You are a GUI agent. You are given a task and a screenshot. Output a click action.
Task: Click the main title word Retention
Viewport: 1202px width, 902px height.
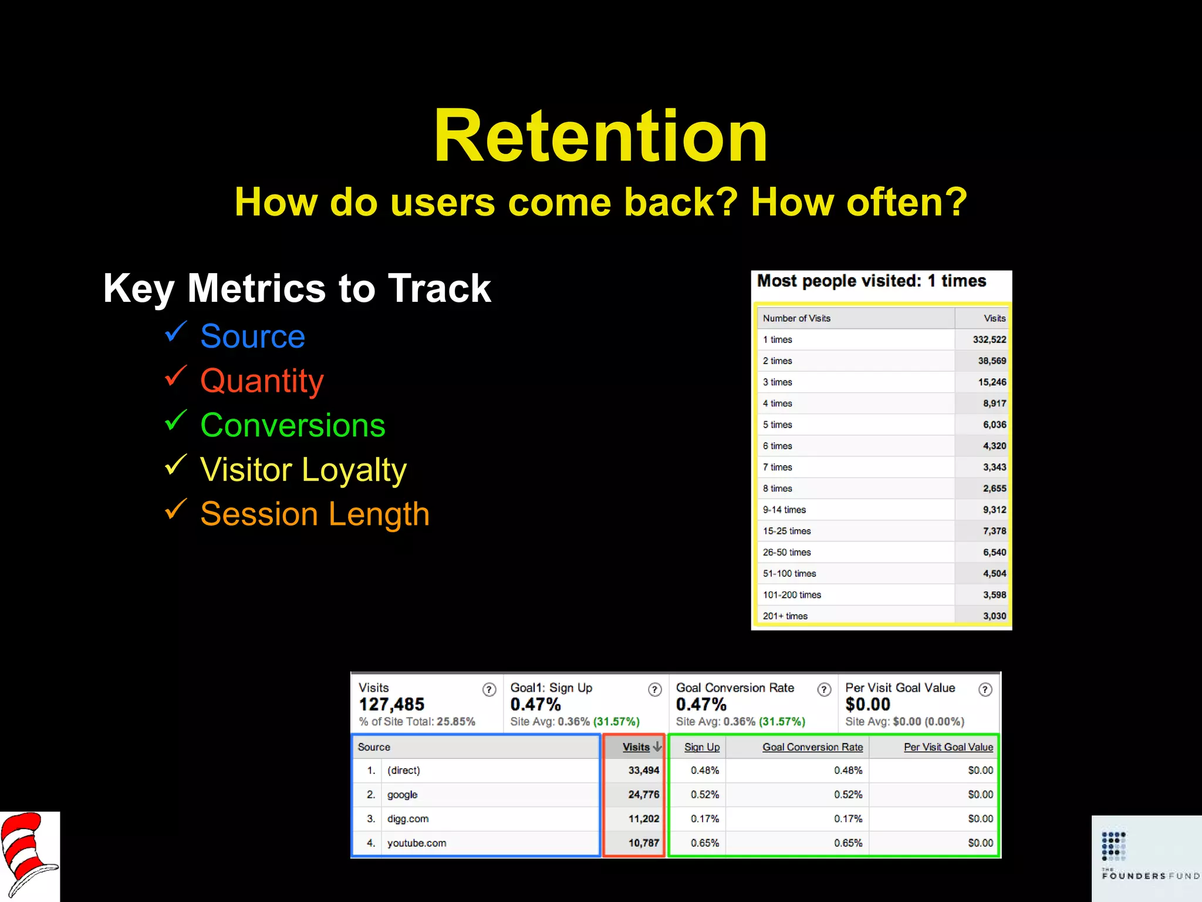600,136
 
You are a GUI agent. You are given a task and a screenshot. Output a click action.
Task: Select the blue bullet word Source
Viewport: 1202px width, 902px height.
252,336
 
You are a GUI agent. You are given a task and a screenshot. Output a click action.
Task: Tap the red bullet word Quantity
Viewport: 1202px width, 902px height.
262,381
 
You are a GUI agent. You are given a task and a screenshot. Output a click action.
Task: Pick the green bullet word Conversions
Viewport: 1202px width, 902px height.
292,425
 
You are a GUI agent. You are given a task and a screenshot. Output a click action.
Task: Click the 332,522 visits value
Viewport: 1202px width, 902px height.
989,339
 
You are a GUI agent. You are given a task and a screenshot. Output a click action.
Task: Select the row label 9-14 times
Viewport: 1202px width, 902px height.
784,510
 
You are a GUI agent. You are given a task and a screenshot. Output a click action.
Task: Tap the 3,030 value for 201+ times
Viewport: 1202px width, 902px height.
994,616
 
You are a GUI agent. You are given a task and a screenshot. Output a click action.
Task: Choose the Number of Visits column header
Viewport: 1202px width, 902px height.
796,318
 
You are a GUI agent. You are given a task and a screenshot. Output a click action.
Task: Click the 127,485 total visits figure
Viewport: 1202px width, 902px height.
391,704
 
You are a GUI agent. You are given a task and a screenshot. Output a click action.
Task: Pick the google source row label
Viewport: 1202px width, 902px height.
403,795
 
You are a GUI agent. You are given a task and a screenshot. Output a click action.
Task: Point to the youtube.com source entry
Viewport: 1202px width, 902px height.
417,843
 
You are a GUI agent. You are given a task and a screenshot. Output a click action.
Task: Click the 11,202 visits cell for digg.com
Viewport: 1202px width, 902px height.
643,819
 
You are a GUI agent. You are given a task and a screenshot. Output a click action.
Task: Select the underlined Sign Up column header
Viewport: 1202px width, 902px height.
701,747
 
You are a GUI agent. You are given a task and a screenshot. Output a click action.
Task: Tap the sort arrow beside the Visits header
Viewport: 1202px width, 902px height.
657,747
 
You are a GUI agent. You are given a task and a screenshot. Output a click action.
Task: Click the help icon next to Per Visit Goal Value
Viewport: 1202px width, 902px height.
985,689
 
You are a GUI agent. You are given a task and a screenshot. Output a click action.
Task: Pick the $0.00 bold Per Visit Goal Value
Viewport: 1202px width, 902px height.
867,704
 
